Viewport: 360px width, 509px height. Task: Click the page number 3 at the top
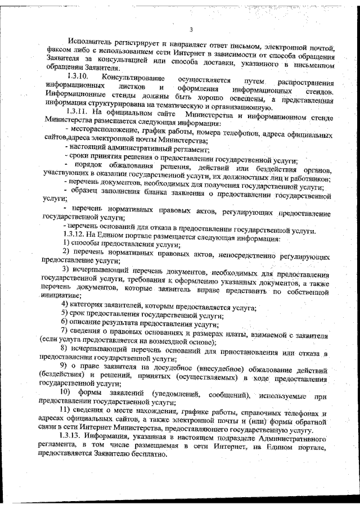pos(191,30)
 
